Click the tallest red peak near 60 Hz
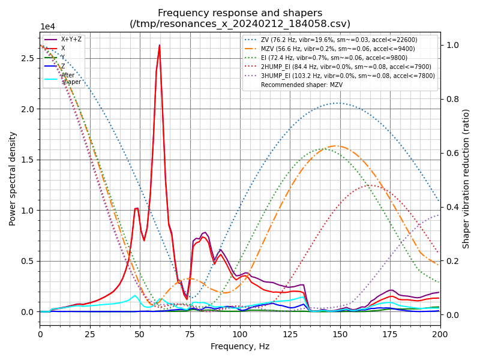coord(159,46)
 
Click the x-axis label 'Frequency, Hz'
coord(240,346)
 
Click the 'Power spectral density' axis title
coord(13,178)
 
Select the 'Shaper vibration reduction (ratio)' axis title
coord(466,178)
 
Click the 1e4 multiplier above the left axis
coord(48,26)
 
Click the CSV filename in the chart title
coord(240,24)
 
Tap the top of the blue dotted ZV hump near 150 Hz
coord(337,103)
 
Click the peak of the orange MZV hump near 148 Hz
coord(336,146)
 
